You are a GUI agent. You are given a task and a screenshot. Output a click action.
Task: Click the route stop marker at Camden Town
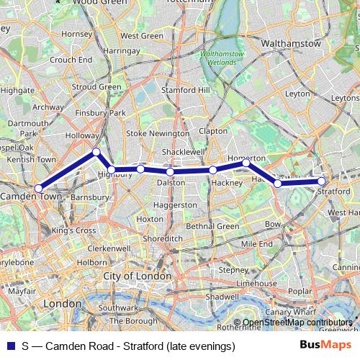(x=38, y=189)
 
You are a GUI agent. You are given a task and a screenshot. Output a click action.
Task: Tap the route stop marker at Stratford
(x=322, y=181)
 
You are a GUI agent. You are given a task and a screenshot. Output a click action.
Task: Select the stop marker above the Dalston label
(x=170, y=171)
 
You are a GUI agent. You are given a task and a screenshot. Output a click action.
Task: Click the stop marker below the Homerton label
(x=246, y=163)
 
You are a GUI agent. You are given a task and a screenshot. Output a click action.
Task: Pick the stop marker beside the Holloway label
(x=96, y=152)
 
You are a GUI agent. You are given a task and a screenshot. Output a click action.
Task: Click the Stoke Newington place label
(x=158, y=133)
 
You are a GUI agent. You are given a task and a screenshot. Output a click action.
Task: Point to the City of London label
(x=138, y=276)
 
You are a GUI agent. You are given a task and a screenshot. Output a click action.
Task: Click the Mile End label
(x=257, y=244)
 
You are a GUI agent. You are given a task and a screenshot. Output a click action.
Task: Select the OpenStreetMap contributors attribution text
(x=297, y=323)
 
